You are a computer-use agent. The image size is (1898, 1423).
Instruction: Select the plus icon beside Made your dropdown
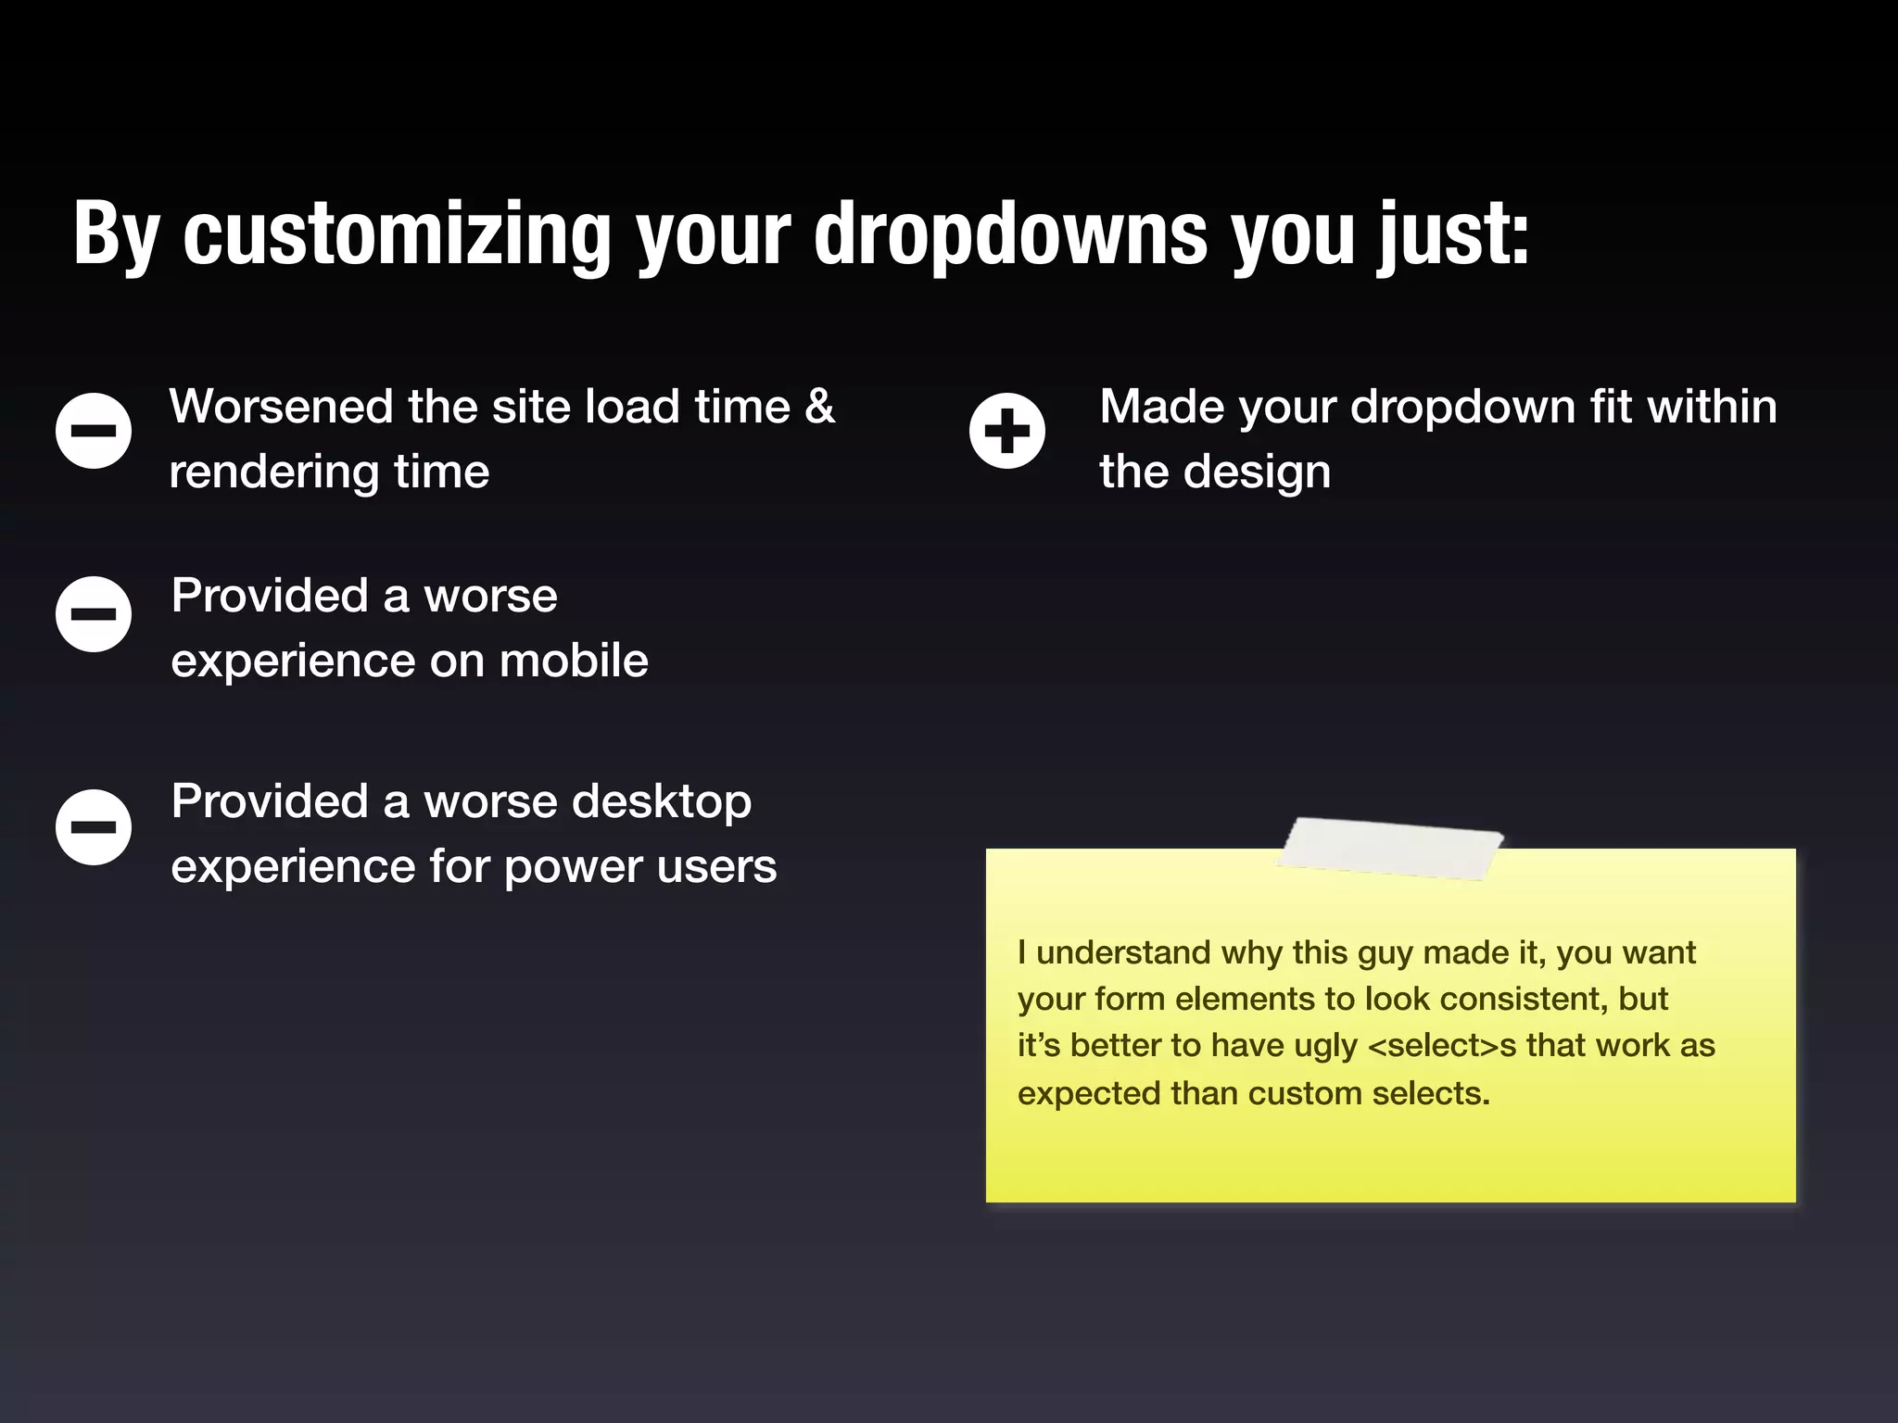point(1007,431)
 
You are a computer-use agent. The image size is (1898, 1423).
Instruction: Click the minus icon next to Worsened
point(94,431)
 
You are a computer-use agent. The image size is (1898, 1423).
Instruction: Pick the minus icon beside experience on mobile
point(94,614)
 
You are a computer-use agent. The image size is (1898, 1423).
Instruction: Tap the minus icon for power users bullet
point(94,827)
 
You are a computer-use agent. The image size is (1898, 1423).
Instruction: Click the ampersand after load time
point(820,407)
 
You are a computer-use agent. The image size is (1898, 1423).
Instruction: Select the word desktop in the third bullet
point(661,802)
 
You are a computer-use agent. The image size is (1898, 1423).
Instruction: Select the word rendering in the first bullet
point(274,472)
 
